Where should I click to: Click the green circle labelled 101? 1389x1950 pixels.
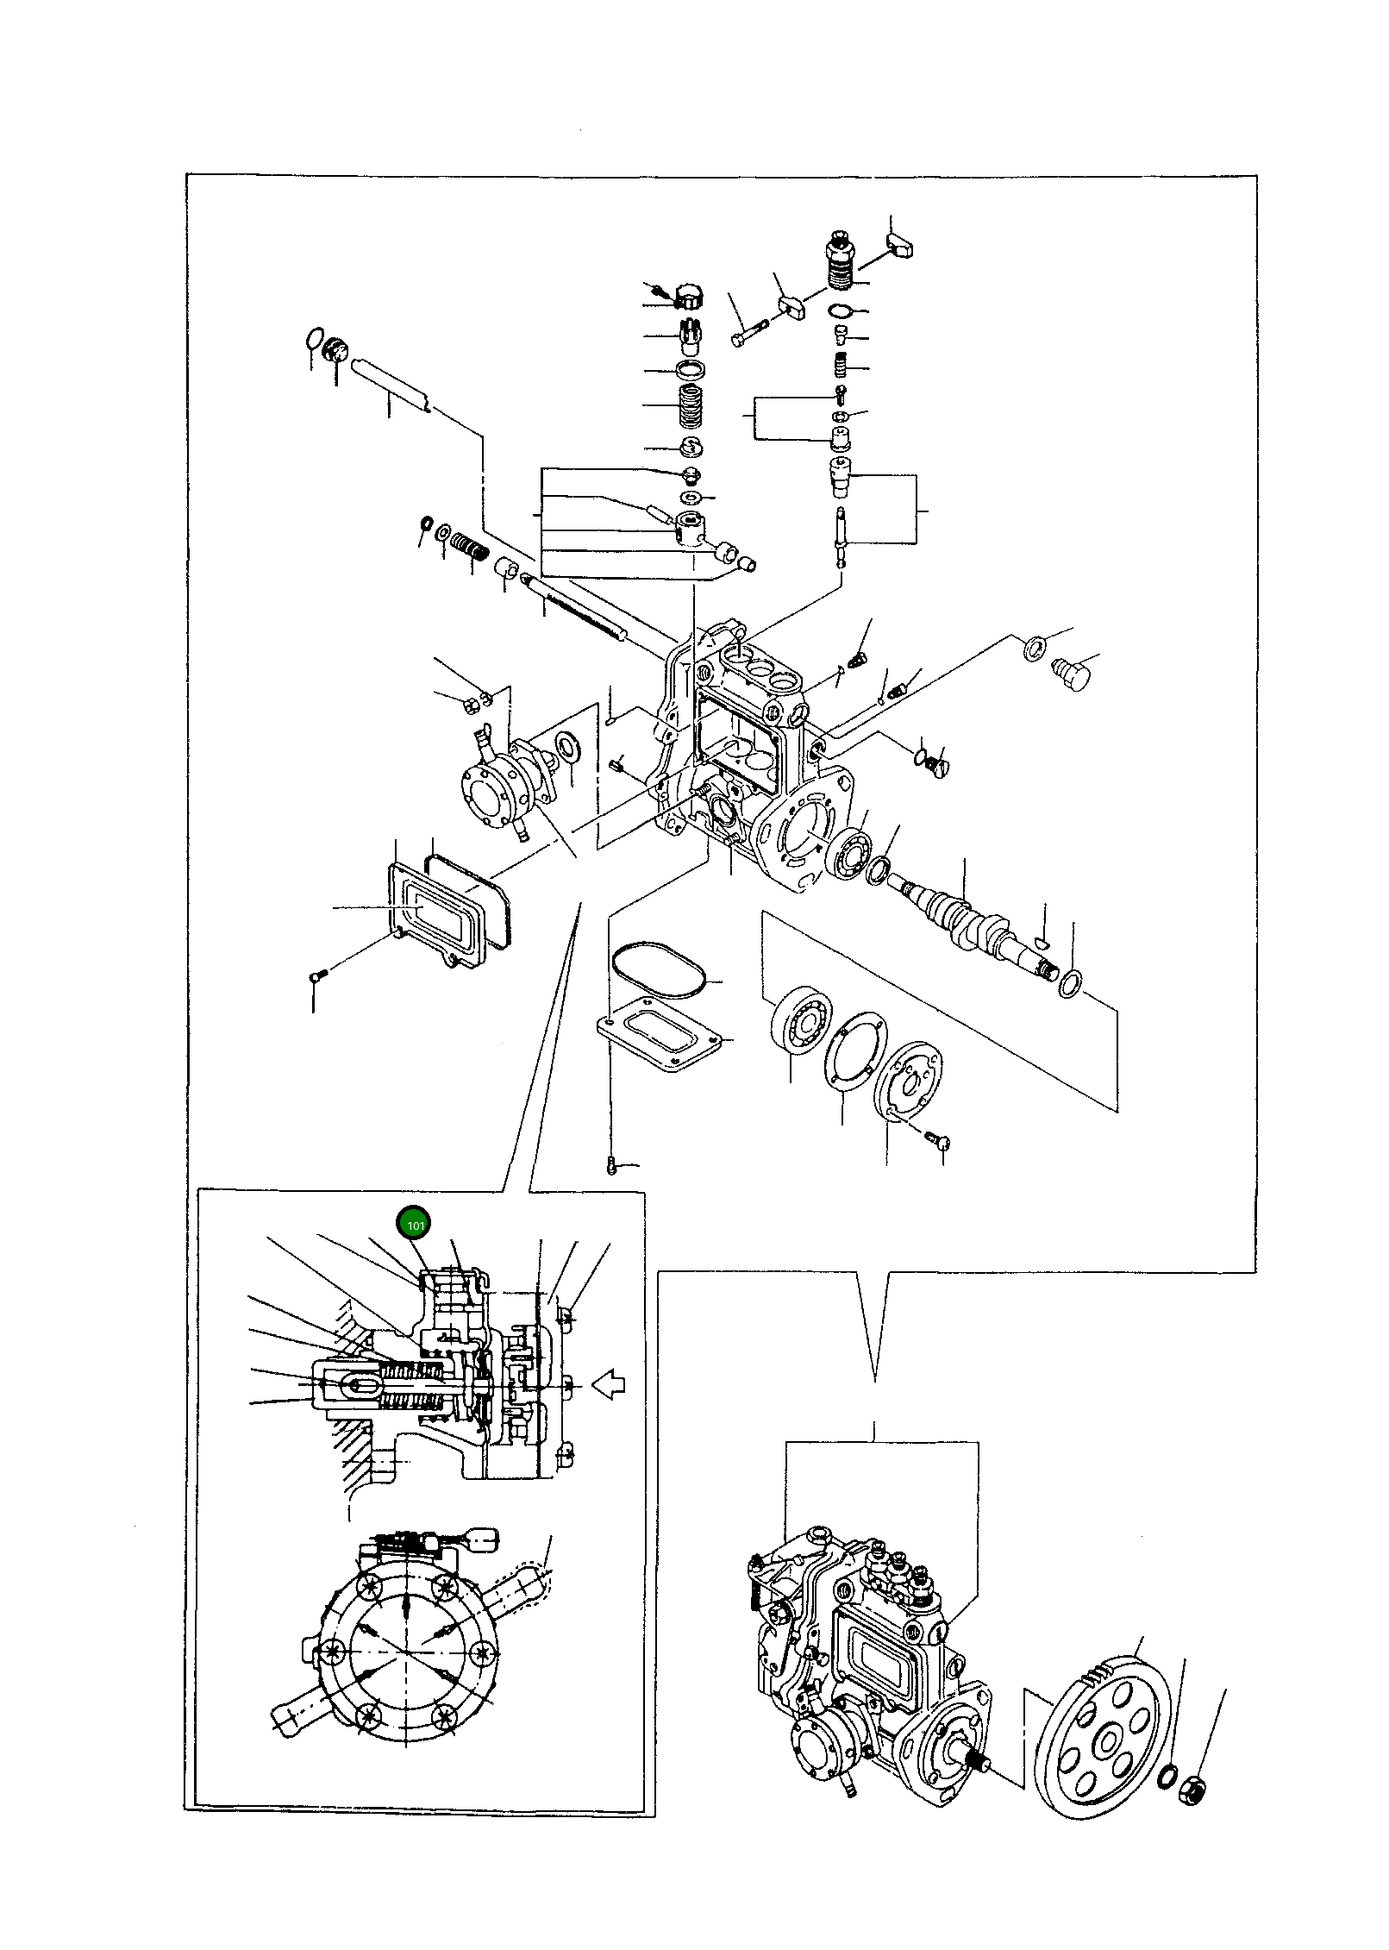(x=412, y=1224)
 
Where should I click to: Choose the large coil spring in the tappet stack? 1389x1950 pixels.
(x=689, y=405)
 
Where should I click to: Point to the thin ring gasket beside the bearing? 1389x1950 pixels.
(x=852, y=1056)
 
